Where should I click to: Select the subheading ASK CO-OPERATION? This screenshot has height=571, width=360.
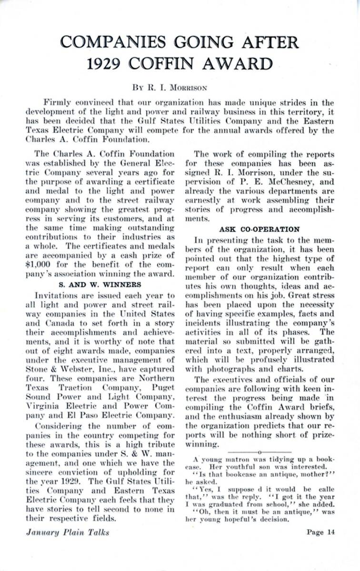(259, 229)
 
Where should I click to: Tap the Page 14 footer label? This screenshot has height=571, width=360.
(320, 532)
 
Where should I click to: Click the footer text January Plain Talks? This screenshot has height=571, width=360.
(67, 532)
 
